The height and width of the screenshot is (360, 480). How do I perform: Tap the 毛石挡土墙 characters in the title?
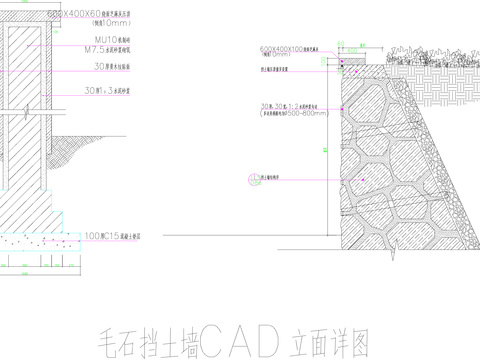click(x=149, y=343)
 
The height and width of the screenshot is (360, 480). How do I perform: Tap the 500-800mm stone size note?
click(x=300, y=113)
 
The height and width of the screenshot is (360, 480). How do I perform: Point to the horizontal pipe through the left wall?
click(x=25, y=111)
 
